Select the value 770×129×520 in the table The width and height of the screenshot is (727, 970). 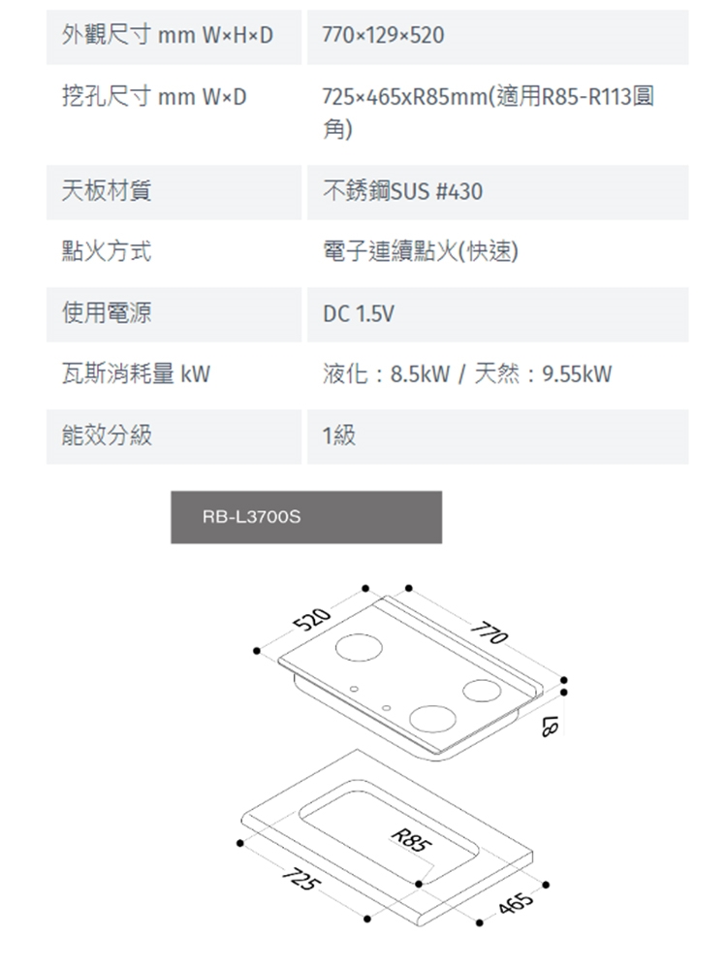coord(383,37)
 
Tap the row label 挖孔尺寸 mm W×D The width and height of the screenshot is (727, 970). coord(154,97)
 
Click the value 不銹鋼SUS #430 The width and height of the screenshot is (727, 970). coord(402,192)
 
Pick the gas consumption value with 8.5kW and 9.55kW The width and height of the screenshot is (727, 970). coord(467,374)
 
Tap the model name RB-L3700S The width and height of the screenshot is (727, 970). coord(252,518)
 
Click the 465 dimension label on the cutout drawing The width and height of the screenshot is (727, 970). coord(517,906)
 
